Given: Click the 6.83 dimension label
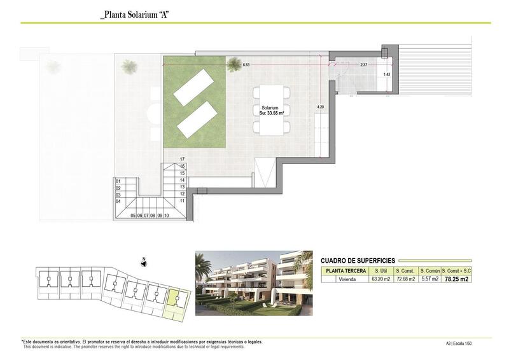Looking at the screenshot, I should [247, 64].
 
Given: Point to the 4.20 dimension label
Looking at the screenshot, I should [320, 107].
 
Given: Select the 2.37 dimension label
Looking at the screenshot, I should [363, 65].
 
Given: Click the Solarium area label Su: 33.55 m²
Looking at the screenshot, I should [272, 111].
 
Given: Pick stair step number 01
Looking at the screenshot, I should [118, 181].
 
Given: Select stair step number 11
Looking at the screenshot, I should [182, 201].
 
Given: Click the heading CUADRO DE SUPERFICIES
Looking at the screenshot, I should [358, 260].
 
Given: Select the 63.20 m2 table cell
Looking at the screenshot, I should [380, 279].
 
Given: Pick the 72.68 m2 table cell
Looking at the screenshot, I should [405, 279].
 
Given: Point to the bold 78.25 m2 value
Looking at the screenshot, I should [456, 279].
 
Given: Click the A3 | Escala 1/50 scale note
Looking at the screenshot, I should [459, 344].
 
